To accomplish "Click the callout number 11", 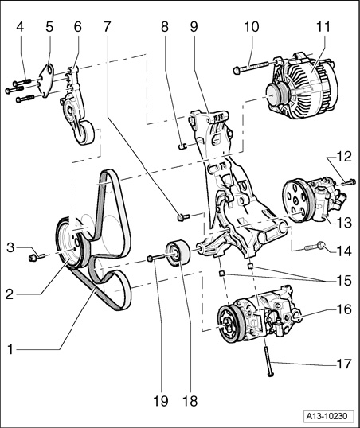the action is click(x=324, y=27).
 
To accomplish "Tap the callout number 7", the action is click(x=107, y=27).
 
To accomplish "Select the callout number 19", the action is click(x=160, y=401).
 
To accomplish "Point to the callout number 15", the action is click(x=344, y=280).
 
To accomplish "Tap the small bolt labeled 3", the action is click(x=37, y=257).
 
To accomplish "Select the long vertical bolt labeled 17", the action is click(x=268, y=356).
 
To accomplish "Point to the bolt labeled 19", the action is click(x=161, y=257).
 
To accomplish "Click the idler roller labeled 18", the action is click(x=178, y=252).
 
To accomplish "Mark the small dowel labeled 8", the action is click(x=182, y=146).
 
